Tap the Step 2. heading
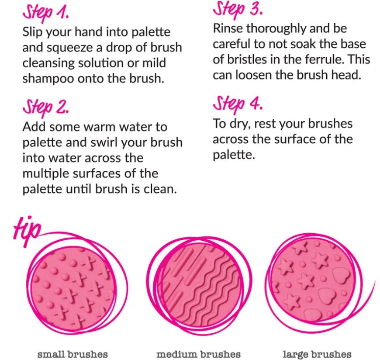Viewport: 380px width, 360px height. point(45,107)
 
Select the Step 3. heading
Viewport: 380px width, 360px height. point(238,10)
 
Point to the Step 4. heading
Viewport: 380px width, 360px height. point(238,104)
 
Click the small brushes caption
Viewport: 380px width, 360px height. point(73,353)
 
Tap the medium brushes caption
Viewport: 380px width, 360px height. point(198,353)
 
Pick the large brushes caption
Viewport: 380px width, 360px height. point(317,353)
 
